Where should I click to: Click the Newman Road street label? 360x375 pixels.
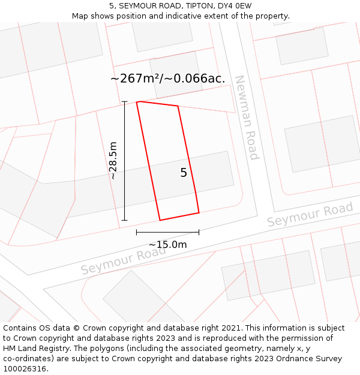(x=247, y=118)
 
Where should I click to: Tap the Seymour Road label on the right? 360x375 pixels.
(x=310, y=214)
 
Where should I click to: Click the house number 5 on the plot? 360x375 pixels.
(x=184, y=173)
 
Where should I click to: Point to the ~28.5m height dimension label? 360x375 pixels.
(x=113, y=161)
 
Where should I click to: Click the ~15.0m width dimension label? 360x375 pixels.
(x=167, y=244)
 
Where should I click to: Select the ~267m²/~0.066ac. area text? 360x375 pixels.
(x=168, y=79)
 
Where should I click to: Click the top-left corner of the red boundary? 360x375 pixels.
(x=137, y=102)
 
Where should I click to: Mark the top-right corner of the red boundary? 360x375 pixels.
(x=178, y=106)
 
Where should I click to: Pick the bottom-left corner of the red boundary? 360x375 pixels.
(x=160, y=220)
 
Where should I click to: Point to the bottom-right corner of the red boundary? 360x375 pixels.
(x=199, y=212)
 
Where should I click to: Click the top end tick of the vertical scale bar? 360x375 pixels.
(x=125, y=102)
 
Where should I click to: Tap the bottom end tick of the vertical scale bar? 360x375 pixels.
(x=125, y=220)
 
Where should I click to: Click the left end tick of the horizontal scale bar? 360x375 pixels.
(x=137, y=232)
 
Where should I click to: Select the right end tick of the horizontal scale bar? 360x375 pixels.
(x=199, y=232)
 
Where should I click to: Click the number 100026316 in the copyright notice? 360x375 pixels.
(x=24, y=368)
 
